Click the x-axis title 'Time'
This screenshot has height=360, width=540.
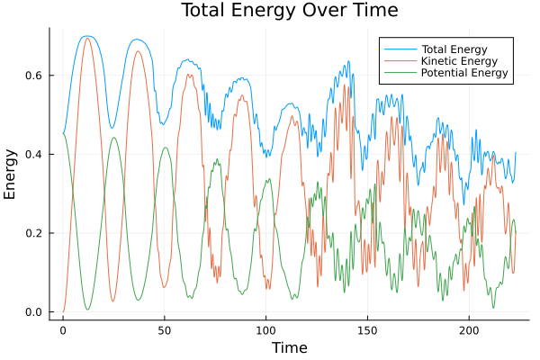[x=290, y=347]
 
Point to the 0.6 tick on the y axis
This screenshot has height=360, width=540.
[x=36, y=76]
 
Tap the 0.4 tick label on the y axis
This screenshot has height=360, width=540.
[x=36, y=155]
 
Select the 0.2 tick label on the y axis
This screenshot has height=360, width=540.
[x=36, y=233]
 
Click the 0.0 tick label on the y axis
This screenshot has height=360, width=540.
[x=36, y=312]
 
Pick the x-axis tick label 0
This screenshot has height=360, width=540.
[x=63, y=329]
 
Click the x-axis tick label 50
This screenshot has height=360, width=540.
[x=164, y=329]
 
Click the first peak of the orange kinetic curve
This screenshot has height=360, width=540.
[x=87, y=39]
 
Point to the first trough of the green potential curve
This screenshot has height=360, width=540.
[x=87, y=310]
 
